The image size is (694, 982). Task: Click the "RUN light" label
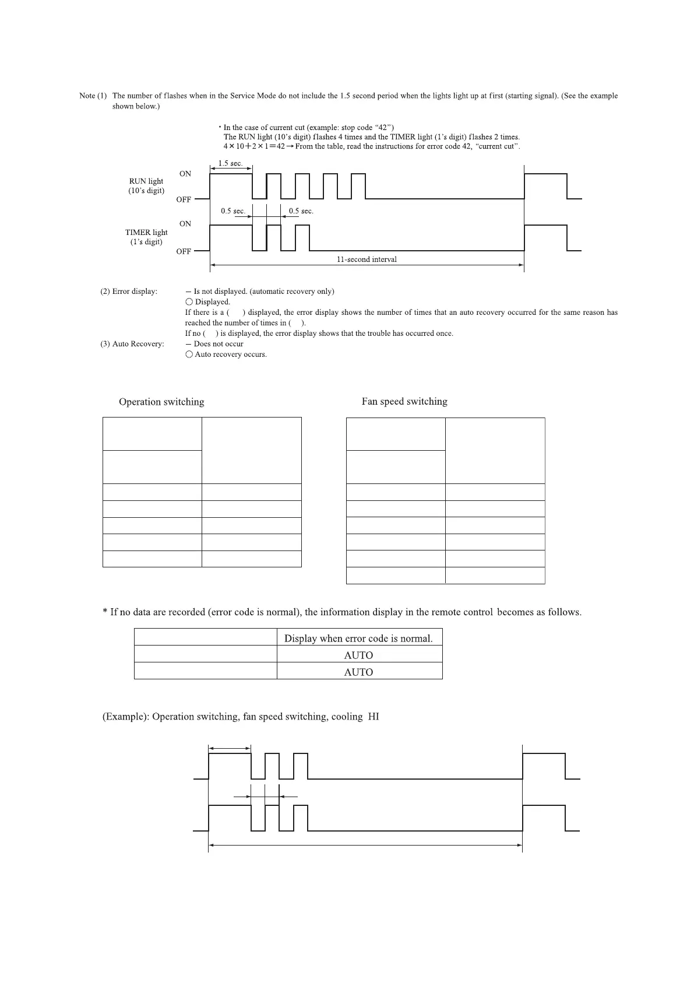[x=146, y=181]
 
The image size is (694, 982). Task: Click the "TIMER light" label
[x=146, y=232]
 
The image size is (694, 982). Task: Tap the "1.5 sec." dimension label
[x=230, y=163]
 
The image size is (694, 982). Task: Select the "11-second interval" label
[x=367, y=259]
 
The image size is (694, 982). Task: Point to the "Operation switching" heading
[x=161, y=402]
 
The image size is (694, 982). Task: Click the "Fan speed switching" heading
[x=404, y=401]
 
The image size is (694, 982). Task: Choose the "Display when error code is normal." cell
[x=358, y=638]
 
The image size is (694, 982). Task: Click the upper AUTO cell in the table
[x=358, y=655]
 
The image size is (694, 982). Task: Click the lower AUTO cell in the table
[x=358, y=672]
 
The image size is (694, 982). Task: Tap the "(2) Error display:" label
[x=129, y=292]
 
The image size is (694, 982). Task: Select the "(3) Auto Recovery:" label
[x=132, y=344]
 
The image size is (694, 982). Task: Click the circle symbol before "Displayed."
[x=189, y=302]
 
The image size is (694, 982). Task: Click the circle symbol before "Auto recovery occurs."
[x=189, y=355]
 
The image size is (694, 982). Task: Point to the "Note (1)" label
[x=93, y=96]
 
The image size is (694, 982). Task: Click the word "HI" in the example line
[x=374, y=717]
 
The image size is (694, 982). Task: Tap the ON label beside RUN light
[x=185, y=174]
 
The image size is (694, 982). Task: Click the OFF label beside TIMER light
[x=184, y=251]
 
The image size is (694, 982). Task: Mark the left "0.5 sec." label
[x=232, y=211]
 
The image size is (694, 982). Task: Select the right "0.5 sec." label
[x=301, y=211]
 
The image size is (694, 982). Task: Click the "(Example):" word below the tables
[x=125, y=717]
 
